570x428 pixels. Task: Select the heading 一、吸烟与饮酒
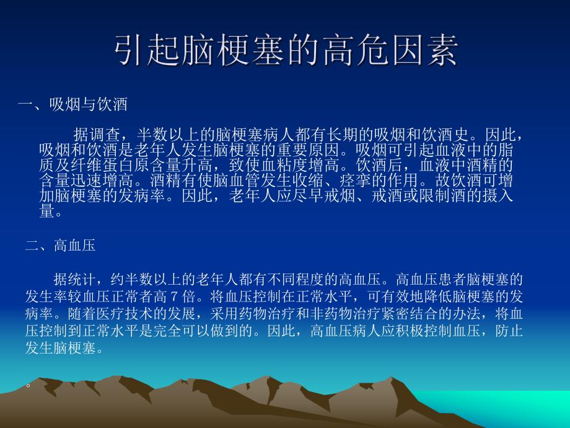[73, 104]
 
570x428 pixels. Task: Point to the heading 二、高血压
[60, 246]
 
